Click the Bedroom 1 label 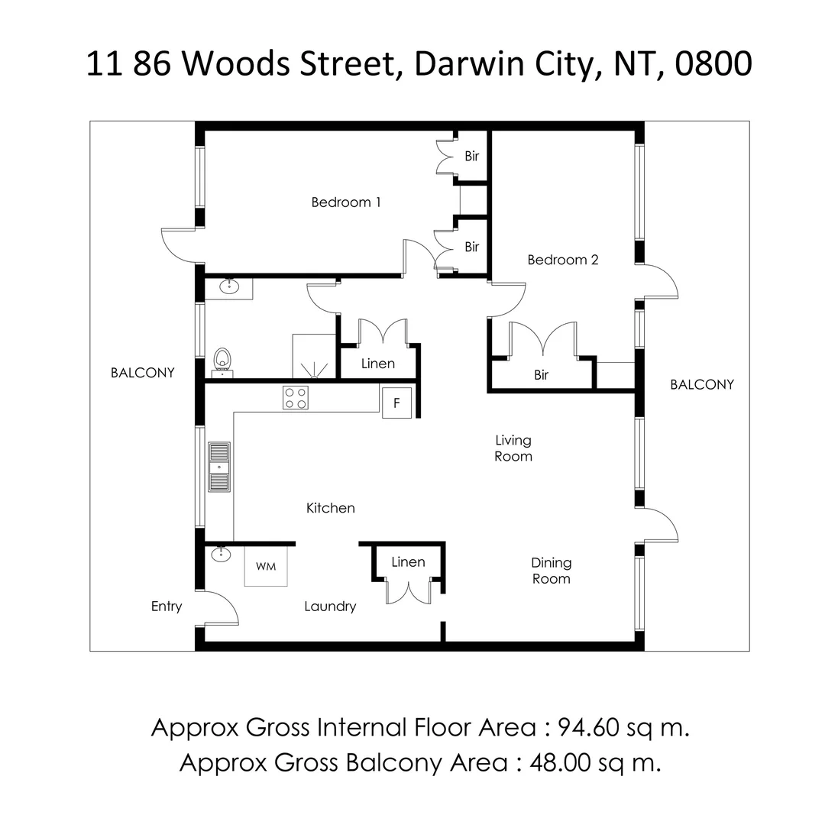click(x=345, y=202)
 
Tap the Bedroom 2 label click(x=563, y=260)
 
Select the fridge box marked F click(x=396, y=402)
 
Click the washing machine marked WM click(x=266, y=566)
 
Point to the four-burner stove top click(x=296, y=397)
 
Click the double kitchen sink click(x=219, y=466)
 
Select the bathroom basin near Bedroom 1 click(x=229, y=287)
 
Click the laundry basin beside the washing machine click(x=221, y=554)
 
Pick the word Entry click(x=167, y=607)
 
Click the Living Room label click(x=513, y=448)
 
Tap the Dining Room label click(x=551, y=571)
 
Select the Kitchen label click(x=330, y=508)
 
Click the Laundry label click(x=330, y=607)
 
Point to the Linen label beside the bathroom click(x=377, y=364)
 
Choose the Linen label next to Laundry click(x=408, y=562)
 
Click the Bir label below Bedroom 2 click(x=541, y=375)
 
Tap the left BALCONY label click(x=143, y=373)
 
